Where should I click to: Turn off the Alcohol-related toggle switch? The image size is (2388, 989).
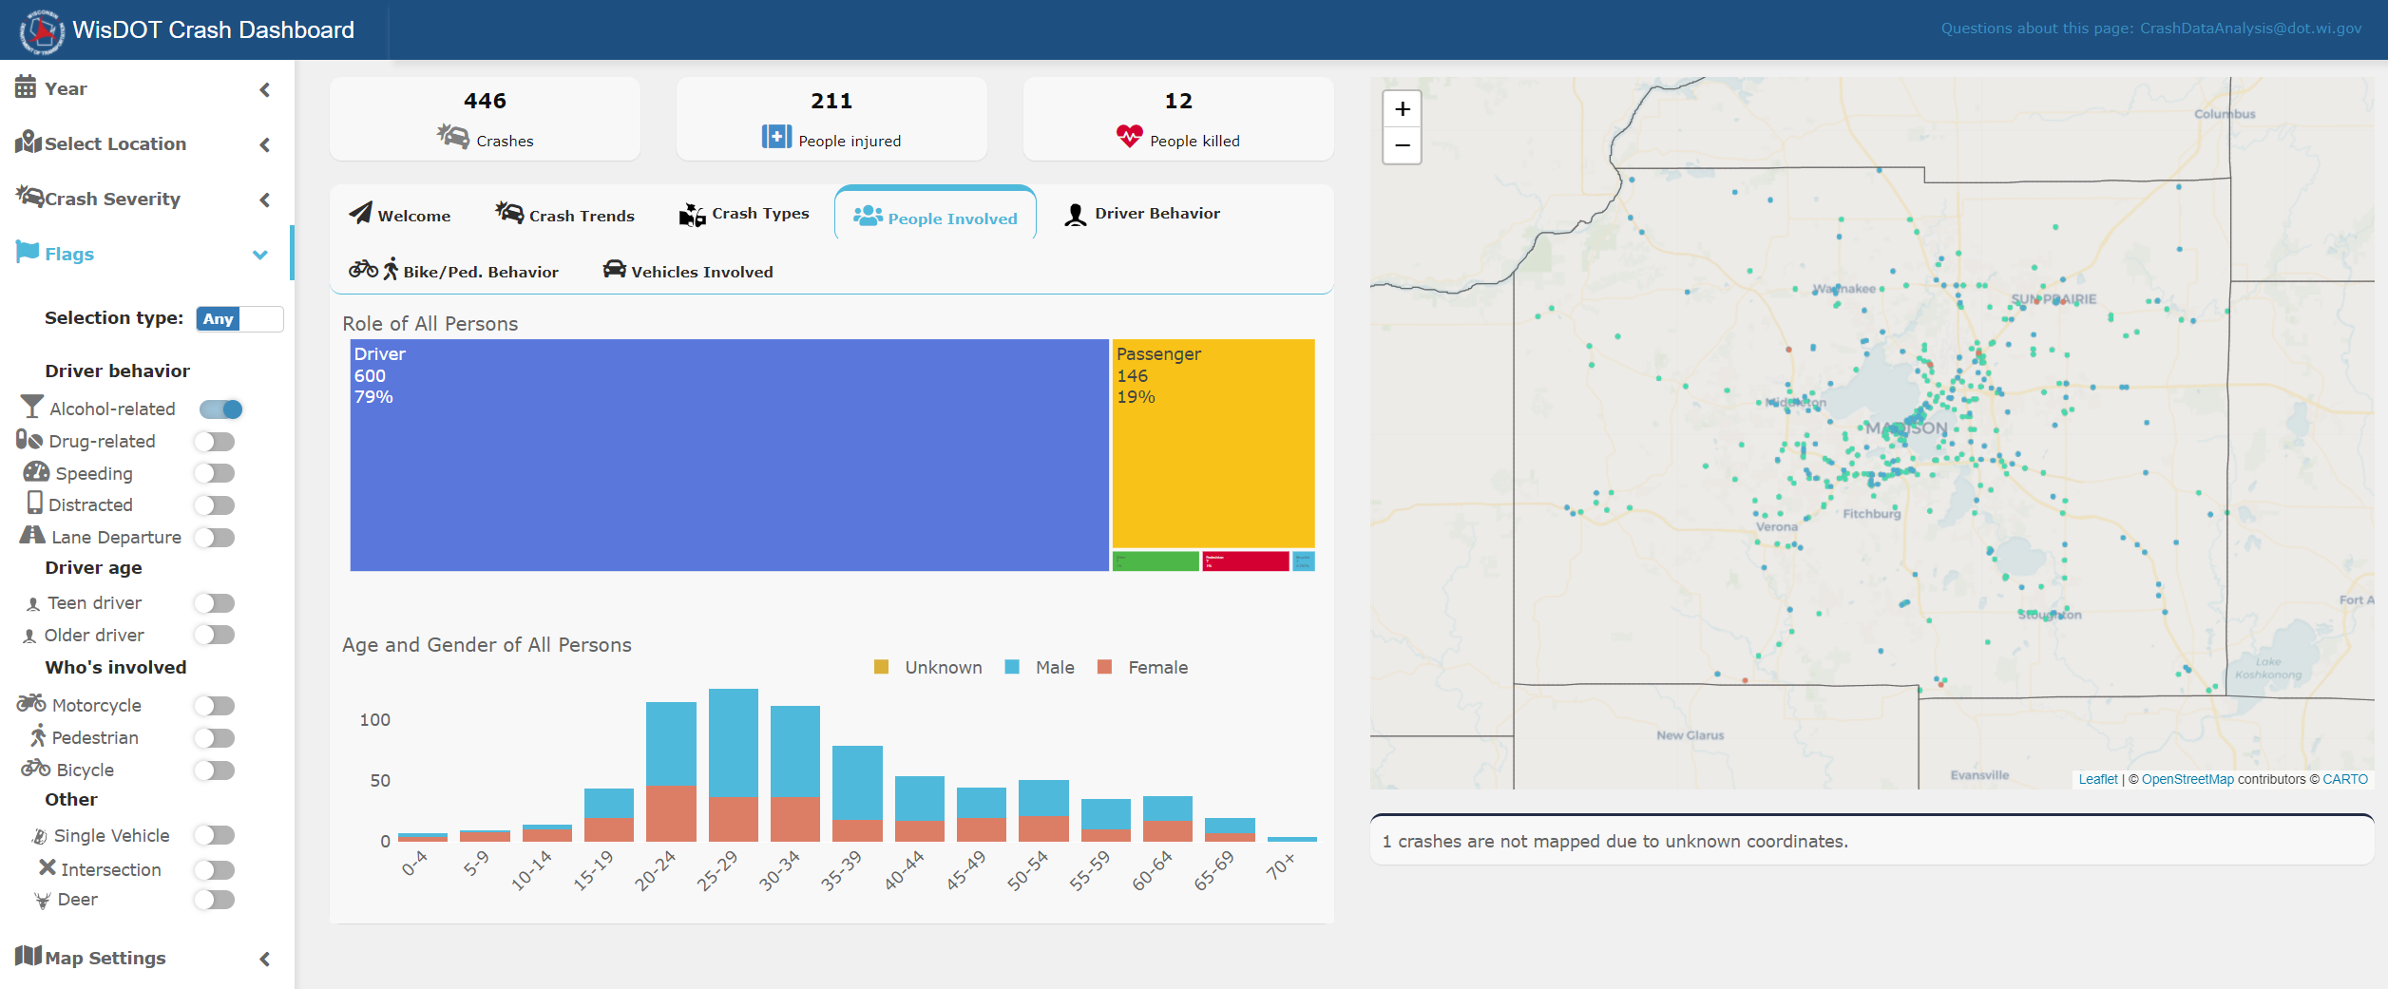(220, 409)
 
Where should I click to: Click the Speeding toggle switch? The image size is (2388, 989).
(214, 473)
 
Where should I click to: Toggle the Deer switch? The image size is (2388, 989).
(214, 900)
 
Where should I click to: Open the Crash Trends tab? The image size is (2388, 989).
(564, 215)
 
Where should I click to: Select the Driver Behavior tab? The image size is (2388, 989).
(1142, 214)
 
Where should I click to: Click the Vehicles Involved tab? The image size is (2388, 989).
(688, 272)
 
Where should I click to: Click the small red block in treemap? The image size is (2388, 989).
(1245, 561)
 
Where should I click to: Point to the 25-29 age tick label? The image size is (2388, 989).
(717, 870)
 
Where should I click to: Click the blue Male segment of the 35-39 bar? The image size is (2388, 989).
(857, 782)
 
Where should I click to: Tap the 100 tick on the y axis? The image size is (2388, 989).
(374, 720)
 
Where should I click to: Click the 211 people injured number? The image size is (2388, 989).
(831, 101)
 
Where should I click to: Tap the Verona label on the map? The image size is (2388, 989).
(1776, 527)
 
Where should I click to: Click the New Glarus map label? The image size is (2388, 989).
(1690, 735)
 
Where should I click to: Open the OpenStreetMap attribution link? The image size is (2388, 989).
(2187, 779)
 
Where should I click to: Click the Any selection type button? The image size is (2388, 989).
(219, 319)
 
